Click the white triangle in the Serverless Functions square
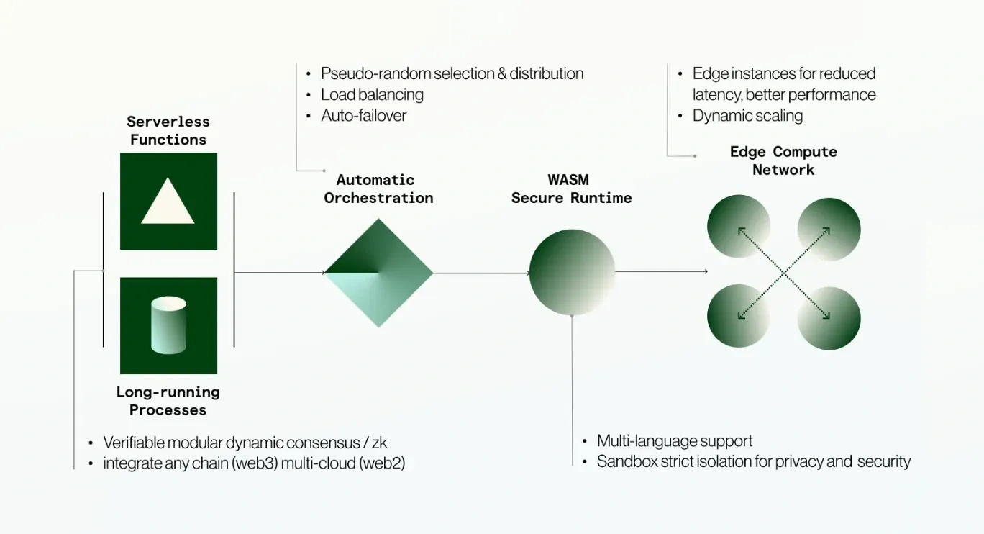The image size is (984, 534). (x=168, y=203)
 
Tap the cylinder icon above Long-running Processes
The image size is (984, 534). (x=168, y=325)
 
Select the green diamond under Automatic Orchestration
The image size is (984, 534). (x=378, y=273)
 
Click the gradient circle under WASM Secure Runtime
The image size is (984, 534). (x=572, y=272)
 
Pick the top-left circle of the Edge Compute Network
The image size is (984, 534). (x=739, y=227)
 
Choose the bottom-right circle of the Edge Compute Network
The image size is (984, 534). (x=829, y=318)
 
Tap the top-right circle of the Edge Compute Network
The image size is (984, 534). (x=829, y=229)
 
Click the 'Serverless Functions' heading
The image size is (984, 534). (x=168, y=130)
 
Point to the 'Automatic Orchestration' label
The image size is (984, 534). (x=378, y=189)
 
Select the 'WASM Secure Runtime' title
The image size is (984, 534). (x=571, y=189)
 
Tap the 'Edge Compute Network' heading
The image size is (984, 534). (x=783, y=160)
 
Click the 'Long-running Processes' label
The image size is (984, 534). (x=168, y=401)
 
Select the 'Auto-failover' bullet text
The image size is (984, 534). (x=363, y=115)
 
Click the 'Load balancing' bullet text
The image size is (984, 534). (x=372, y=94)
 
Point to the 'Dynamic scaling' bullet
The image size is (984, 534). (x=747, y=115)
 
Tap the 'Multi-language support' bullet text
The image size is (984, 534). (x=675, y=440)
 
